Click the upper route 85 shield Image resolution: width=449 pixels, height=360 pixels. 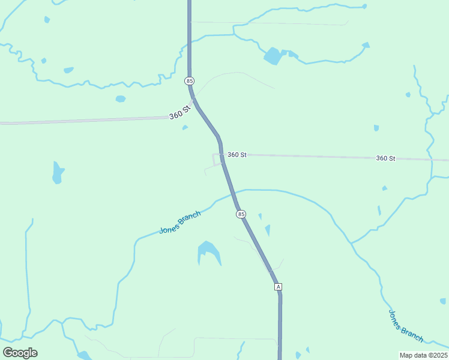pos(190,80)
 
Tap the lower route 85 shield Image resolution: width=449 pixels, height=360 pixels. pos(241,214)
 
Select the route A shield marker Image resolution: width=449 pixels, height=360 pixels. pos(278,287)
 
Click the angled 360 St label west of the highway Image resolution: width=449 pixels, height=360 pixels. pos(179,111)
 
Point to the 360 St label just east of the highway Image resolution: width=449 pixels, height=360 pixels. pos(237,155)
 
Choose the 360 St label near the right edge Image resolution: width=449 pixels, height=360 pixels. pos(385,158)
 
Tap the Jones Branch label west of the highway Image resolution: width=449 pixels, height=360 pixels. pos(179,223)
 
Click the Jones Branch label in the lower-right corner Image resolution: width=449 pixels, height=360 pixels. pos(406,326)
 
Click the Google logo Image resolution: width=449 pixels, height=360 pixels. pos(20,353)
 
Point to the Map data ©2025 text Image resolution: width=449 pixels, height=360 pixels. pos(423,355)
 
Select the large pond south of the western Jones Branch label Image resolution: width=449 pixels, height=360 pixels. pos(209,252)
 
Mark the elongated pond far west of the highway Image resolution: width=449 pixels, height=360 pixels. pos(58,172)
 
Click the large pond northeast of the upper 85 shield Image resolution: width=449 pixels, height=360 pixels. pos(273,56)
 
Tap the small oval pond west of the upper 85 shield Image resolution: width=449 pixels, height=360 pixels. pos(121,98)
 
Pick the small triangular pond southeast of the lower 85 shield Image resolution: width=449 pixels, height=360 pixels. pos(268,230)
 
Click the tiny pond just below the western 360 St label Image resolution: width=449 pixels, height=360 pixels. pos(185,127)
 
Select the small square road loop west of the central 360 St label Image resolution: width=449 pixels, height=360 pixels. pos(217,159)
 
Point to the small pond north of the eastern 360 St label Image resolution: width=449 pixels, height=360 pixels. pos(376,128)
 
